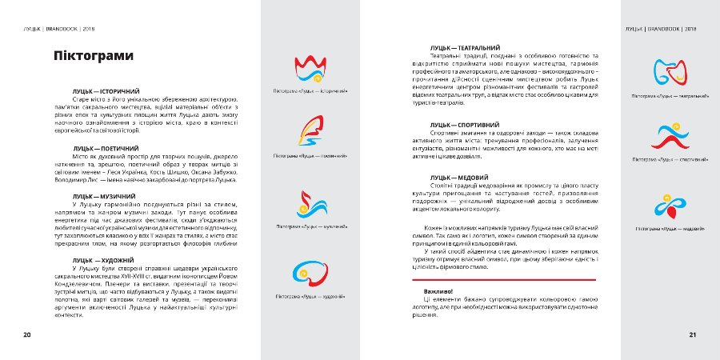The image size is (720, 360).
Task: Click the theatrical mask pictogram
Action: (670, 73)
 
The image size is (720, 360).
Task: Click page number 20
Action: (26, 334)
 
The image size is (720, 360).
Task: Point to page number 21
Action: (693, 334)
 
